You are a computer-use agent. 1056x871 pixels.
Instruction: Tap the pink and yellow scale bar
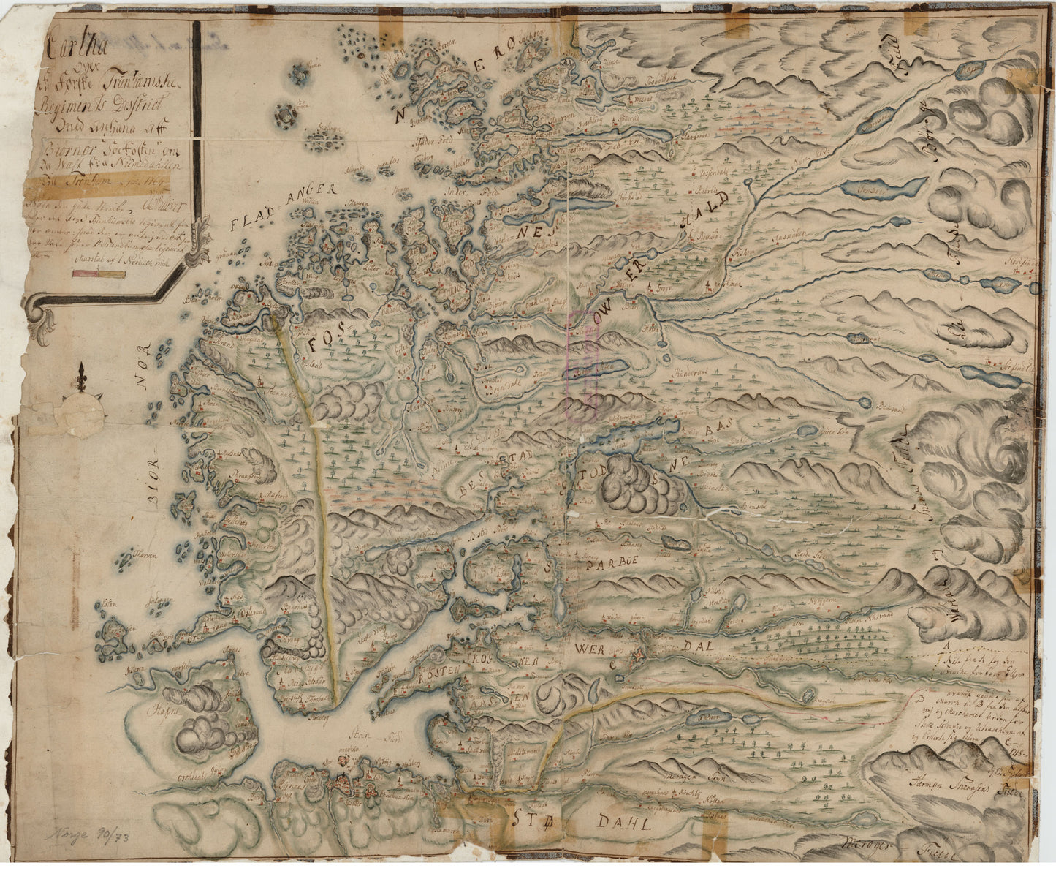pos(99,274)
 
